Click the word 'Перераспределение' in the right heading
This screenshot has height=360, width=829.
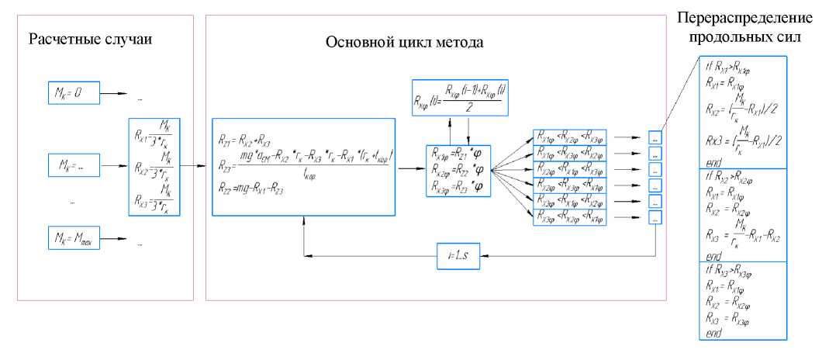(x=743, y=17)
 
